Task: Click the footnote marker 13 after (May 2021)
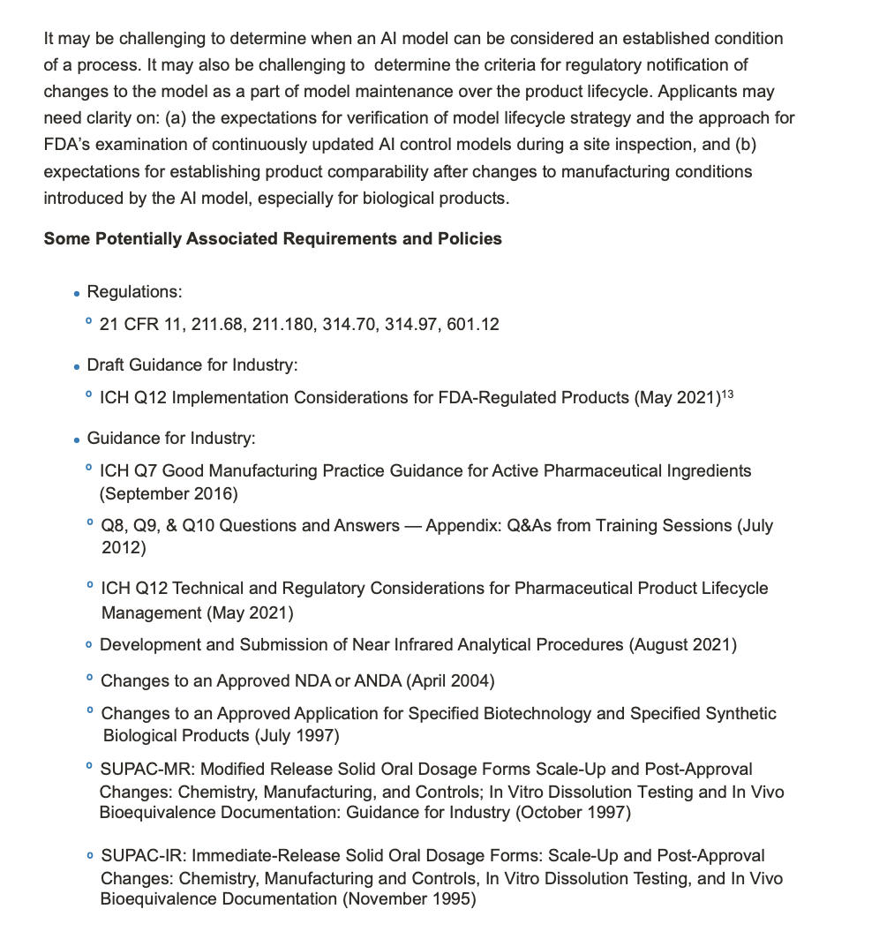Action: [727, 394]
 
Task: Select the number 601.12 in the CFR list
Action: [473, 325]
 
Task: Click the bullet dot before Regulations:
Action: [78, 294]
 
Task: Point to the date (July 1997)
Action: [297, 735]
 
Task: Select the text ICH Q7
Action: [129, 471]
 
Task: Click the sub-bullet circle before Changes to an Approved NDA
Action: [90, 680]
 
